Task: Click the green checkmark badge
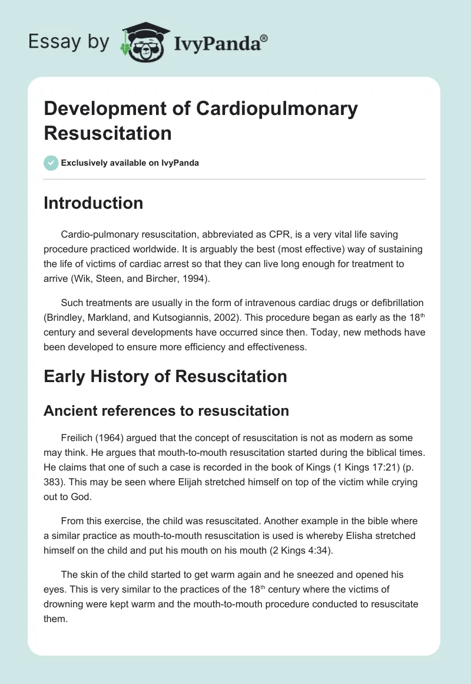pyautogui.click(x=51, y=163)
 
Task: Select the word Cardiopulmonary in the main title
pyautogui.click(x=277, y=108)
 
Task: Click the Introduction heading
pyautogui.click(x=93, y=203)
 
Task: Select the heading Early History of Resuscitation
pyautogui.click(x=165, y=376)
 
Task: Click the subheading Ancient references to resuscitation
pyautogui.click(x=166, y=410)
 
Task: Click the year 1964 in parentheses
pyautogui.click(x=111, y=438)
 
